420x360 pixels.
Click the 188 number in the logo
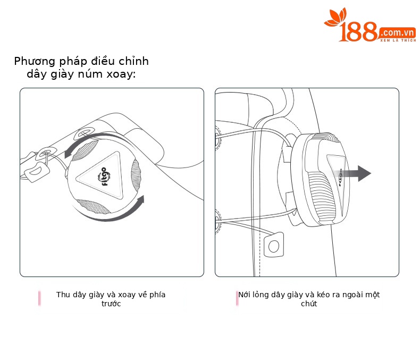click(x=358, y=32)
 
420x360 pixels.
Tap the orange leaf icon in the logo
click(x=335, y=18)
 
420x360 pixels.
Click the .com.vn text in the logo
click(x=398, y=33)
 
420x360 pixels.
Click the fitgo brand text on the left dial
click(x=104, y=176)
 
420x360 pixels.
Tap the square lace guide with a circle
click(x=274, y=245)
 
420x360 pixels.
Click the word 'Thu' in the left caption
click(x=63, y=295)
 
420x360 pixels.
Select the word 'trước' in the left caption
click(x=111, y=304)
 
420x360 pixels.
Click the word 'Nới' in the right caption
click(x=244, y=295)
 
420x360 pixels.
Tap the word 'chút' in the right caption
click(x=309, y=304)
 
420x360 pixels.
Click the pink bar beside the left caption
click(x=39, y=298)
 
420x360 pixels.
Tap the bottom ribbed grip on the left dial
click(x=94, y=206)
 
